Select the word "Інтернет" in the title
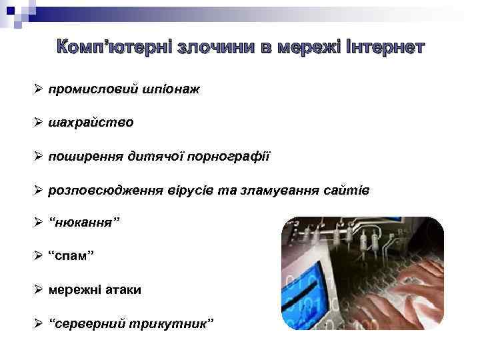[384, 47]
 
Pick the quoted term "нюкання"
[84, 221]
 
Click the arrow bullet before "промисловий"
[39, 89]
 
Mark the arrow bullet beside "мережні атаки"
[39, 290]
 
